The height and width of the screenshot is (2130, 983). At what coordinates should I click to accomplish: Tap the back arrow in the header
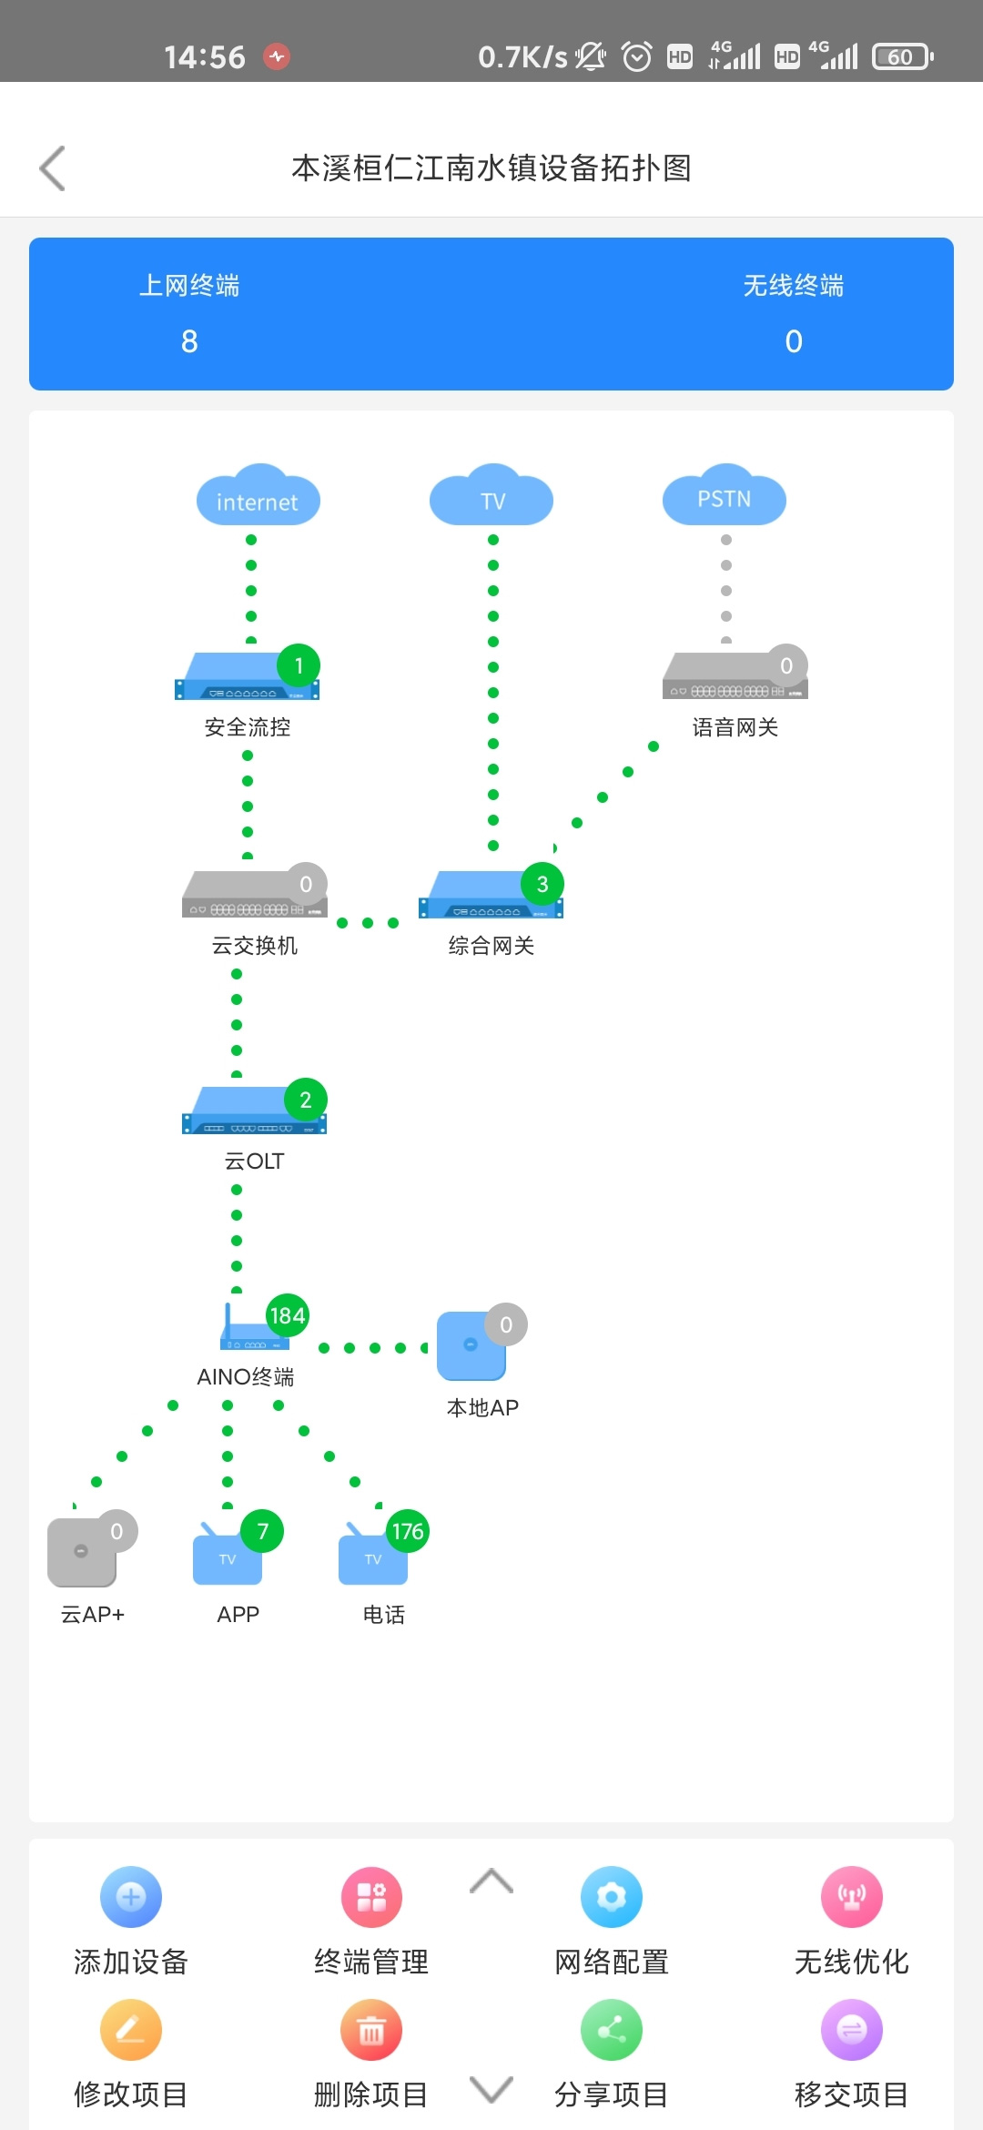pos(53,168)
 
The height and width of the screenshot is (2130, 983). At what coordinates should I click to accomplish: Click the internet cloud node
pos(258,498)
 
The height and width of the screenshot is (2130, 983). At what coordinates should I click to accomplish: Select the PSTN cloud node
pos(725,498)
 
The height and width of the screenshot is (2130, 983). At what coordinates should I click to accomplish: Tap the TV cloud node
pos(491,498)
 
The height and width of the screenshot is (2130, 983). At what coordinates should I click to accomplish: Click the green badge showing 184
pos(288,1315)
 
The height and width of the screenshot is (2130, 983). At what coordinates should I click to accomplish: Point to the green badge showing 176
pos(407,1531)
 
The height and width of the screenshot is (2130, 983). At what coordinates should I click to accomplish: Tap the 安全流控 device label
pos(248,727)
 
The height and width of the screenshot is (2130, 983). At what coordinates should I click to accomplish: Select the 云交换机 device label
pos(255,946)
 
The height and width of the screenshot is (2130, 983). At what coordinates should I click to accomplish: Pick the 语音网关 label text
pos(735,727)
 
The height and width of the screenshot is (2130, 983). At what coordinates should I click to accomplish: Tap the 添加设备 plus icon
pos(131,1897)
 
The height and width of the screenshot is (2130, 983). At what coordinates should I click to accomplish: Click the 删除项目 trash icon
pos(371,2030)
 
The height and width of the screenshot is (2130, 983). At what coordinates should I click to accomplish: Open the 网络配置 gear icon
pos(612,1897)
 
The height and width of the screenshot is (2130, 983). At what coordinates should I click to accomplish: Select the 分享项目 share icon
pos(612,2030)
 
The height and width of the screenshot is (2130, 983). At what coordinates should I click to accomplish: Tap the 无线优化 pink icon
pos(852,1897)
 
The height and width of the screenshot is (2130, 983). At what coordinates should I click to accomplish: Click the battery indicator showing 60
pos(902,57)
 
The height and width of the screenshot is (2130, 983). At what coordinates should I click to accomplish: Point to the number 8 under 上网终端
pos(189,341)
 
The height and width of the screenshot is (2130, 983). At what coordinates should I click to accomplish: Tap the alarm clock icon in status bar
pos(637,57)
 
